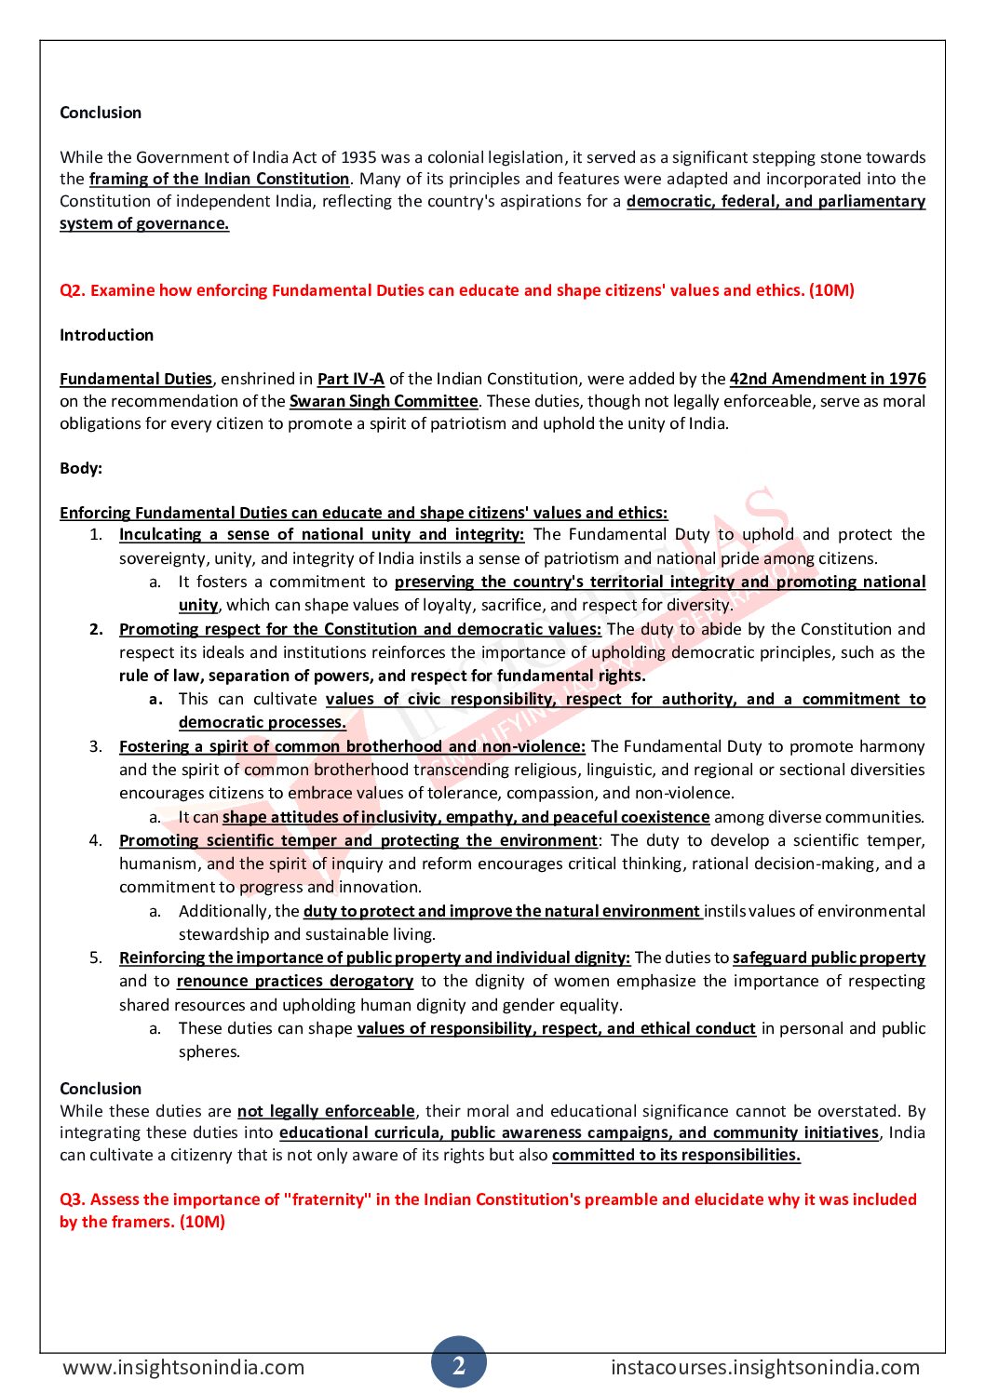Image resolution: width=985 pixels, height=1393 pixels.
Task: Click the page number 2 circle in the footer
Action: coord(458,1364)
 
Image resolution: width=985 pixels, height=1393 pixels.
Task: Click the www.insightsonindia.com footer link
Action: coord(183,1367)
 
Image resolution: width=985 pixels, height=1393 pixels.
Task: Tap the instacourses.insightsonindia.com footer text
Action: coord(764,1367)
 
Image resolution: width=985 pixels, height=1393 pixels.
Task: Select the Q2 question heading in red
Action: coord(456,290)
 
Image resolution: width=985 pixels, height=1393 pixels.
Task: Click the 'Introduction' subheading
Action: coord(106,335)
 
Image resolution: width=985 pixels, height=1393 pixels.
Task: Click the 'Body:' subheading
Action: coord(81,468)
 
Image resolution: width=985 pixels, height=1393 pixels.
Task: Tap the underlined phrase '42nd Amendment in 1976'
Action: coord(828,379)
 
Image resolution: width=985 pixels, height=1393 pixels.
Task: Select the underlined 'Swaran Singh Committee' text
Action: coord(383,401)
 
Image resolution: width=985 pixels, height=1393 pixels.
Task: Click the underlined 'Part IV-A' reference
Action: coord(351,379)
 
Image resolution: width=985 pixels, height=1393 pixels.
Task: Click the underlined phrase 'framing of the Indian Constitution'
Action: coord(219,179)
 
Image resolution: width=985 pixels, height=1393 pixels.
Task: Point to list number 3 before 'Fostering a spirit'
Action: coord(96,746)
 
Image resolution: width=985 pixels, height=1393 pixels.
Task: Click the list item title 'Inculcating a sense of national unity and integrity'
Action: coord(321,534)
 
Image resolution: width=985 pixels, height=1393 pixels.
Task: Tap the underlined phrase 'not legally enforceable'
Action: coord(326,1111)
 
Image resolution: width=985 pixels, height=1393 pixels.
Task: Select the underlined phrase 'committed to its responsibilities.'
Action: coord(676,1155)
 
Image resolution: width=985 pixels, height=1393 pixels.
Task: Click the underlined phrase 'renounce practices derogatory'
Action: coord(295,981)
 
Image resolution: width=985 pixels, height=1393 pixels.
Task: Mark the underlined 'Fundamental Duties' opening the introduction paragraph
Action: coord(136,379)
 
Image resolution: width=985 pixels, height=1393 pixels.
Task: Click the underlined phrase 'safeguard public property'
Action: coord(829,958)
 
